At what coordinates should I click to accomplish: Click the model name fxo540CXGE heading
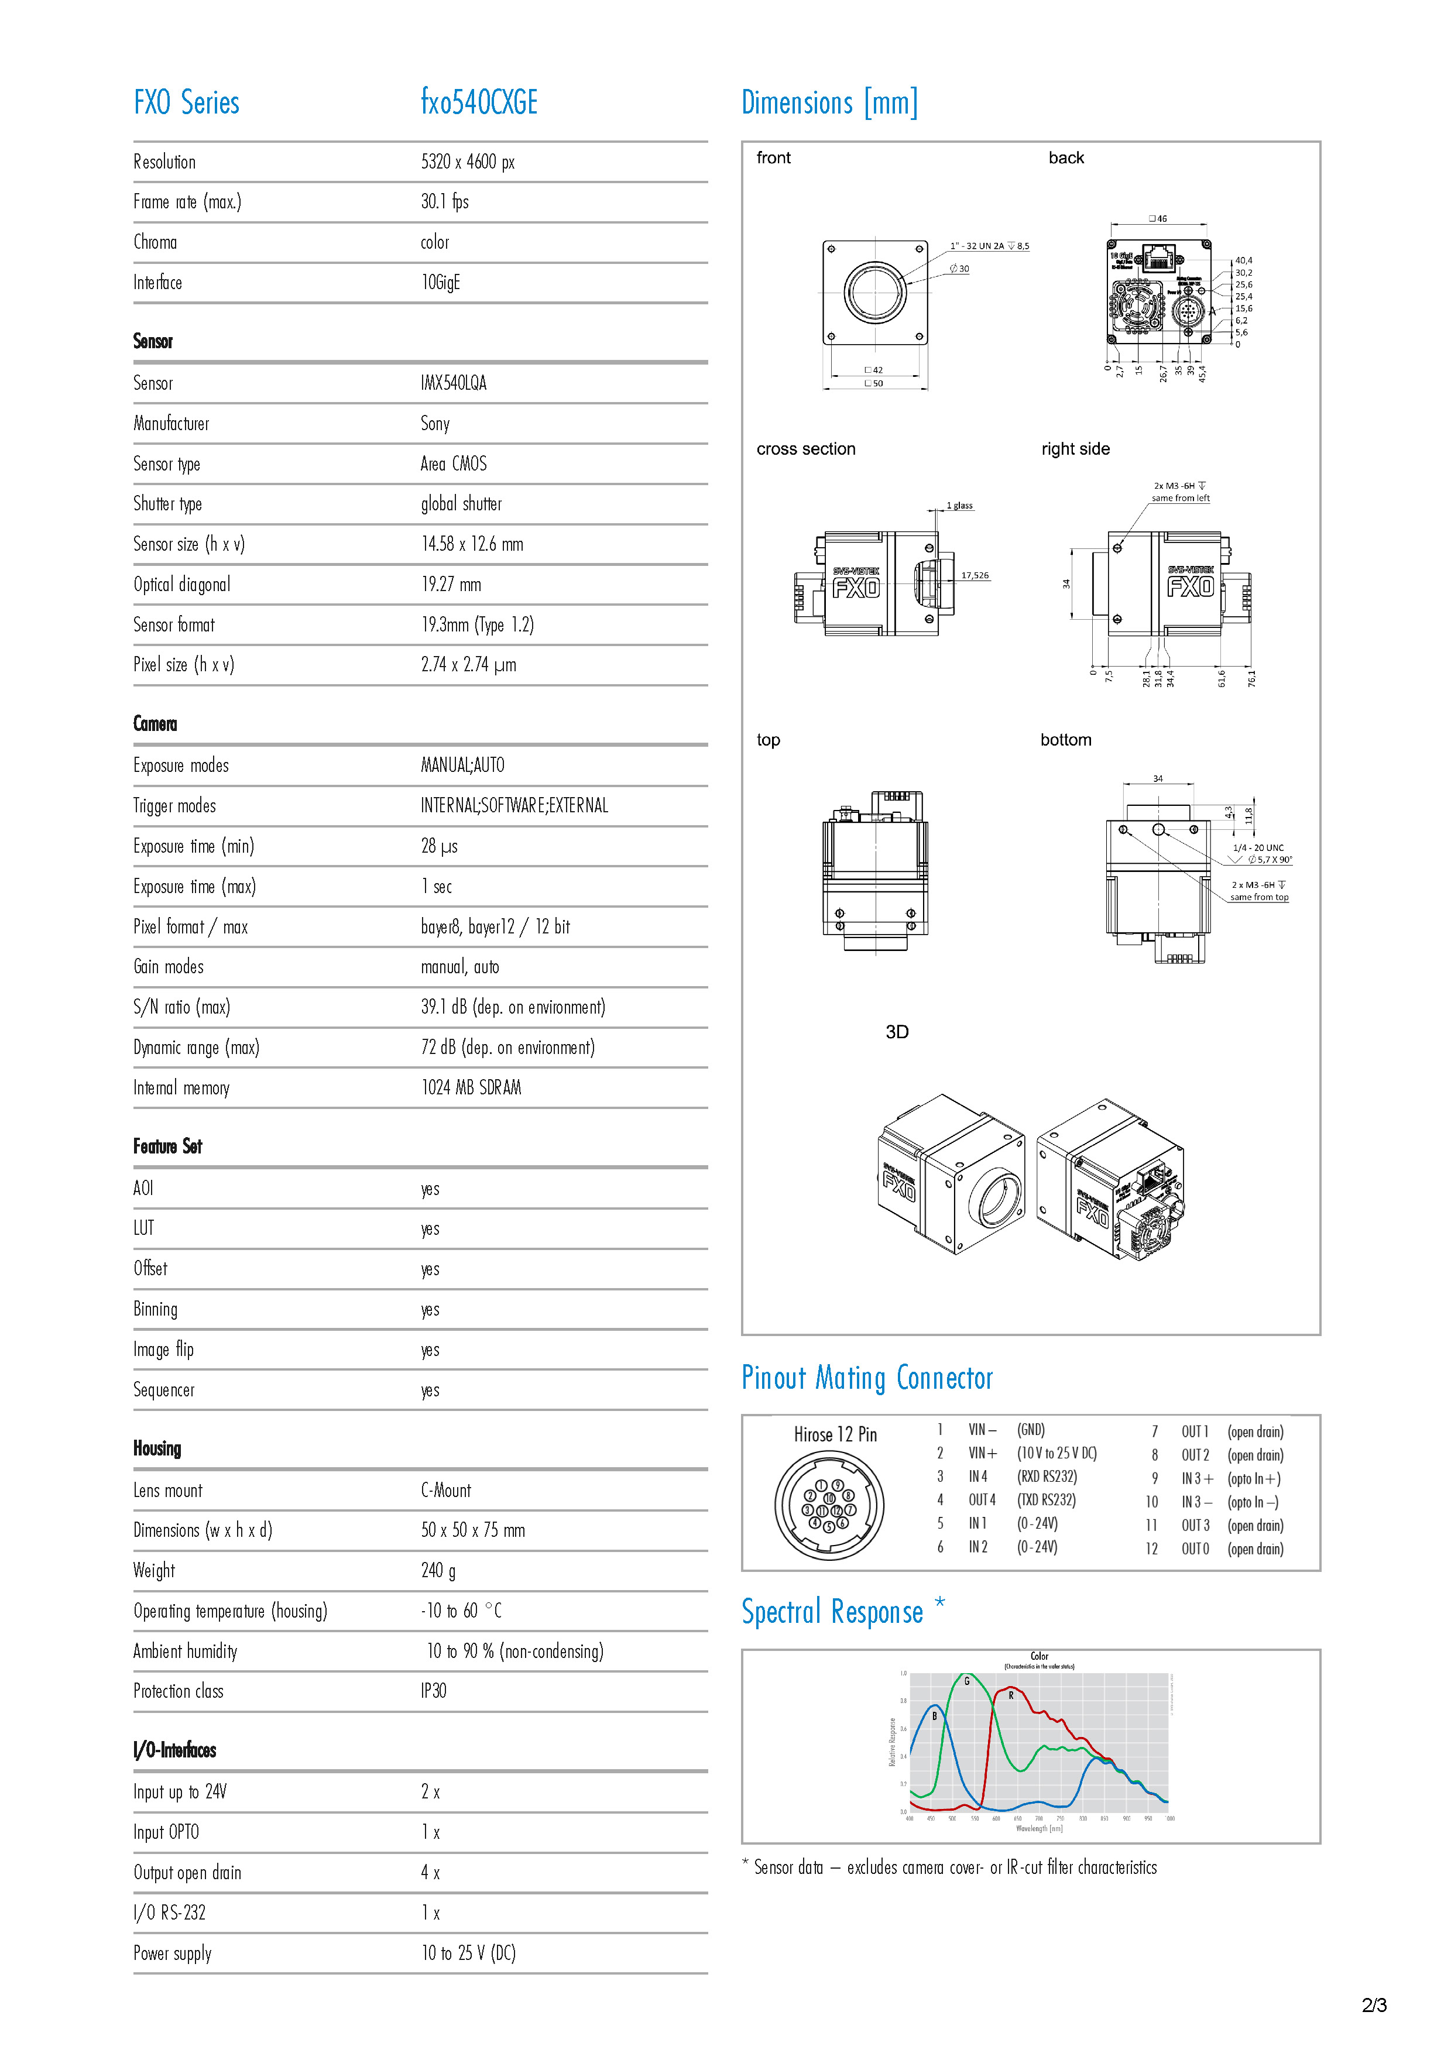[x=479, y=103]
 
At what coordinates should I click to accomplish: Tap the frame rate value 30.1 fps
[x=444, y=202]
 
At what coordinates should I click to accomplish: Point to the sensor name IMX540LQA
[x=453, y=383]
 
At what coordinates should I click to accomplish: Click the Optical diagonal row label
[x=181, y=585]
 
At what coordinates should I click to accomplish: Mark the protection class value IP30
[x=434, y=1692]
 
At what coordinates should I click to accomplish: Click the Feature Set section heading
[x=167, y=1146]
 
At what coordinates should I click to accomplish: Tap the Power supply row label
[x=173, y=1954]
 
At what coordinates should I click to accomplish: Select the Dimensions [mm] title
[x=829, y=104]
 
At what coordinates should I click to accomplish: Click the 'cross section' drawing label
[x=805, y=449]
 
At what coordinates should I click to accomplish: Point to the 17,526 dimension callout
[x=975, y=576]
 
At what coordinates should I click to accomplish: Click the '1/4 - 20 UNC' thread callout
[x=1258, y=847]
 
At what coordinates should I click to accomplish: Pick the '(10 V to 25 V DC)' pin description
[x=1056, y=1454]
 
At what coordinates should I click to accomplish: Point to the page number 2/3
[x=1374, y=2006]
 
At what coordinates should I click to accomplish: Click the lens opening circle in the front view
[x=874, y=293]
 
